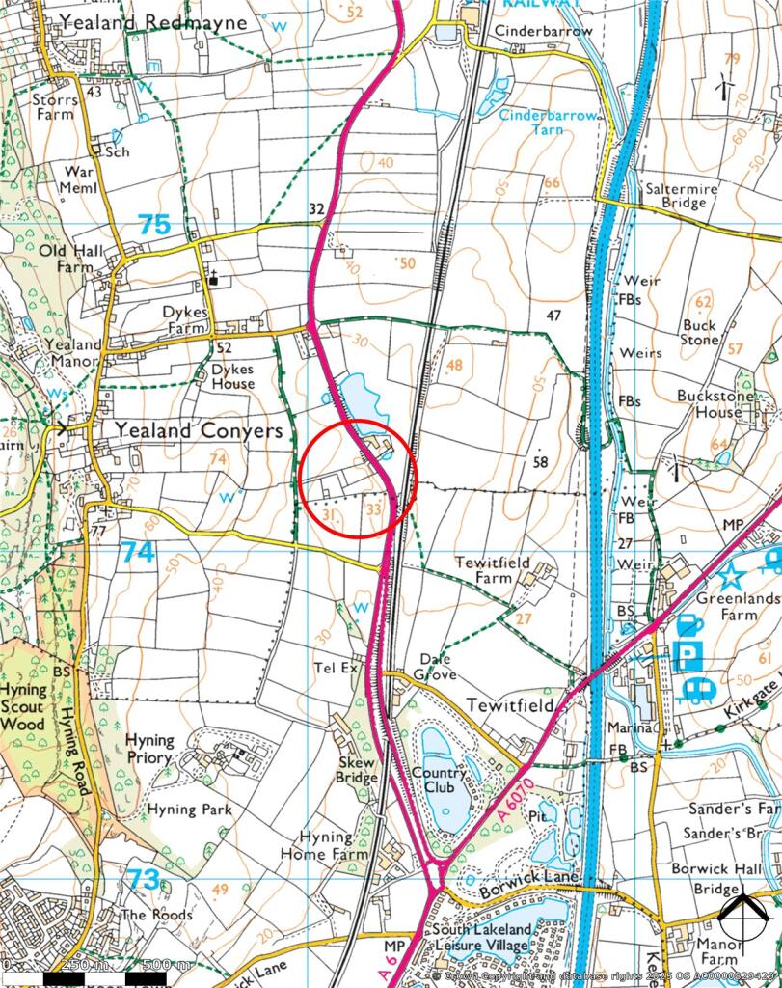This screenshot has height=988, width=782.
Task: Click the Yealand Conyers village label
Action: coord(199,430)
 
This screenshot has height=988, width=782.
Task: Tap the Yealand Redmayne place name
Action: coord(152,21)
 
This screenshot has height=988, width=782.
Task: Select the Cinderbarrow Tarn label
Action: coord(549,122)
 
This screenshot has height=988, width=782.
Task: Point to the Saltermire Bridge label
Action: coord(683,197)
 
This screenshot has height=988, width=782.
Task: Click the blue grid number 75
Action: coord(153,225)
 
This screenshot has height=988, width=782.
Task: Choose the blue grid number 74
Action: coord(137,551)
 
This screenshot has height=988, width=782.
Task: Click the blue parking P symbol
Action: coord(686,657)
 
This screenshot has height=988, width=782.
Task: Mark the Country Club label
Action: coord(439,780)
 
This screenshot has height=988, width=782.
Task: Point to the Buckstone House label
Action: coord(710,403)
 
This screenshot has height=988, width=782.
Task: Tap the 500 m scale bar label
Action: coord(167,965)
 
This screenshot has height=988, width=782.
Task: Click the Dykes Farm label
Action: coord(184,319)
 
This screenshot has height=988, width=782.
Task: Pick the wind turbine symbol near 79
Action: coord(721,88)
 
